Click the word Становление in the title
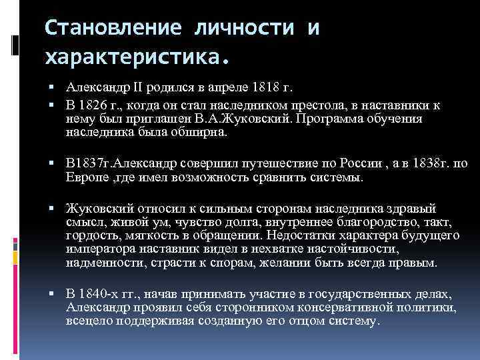114,29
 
